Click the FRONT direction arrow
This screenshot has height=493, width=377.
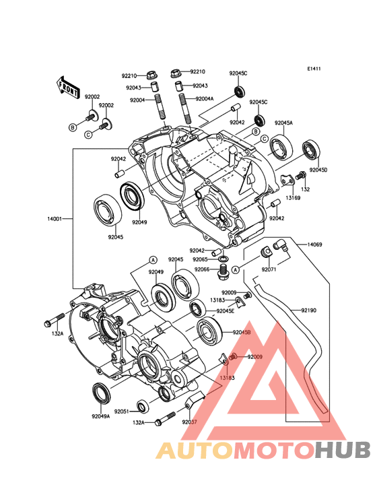(x=68, y=88)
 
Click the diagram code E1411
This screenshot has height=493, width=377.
(x=314, y=69)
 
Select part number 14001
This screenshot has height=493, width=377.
(x=55, y=218)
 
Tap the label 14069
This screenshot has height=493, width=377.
(x=314, y=244)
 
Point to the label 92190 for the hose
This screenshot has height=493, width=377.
(x=309, y=310)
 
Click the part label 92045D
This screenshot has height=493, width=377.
(x=318, y=170)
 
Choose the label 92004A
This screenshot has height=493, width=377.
(x=205, y=99)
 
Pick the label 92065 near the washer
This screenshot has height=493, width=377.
(x=200, y=259)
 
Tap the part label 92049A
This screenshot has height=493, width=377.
(x=101, y=416)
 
